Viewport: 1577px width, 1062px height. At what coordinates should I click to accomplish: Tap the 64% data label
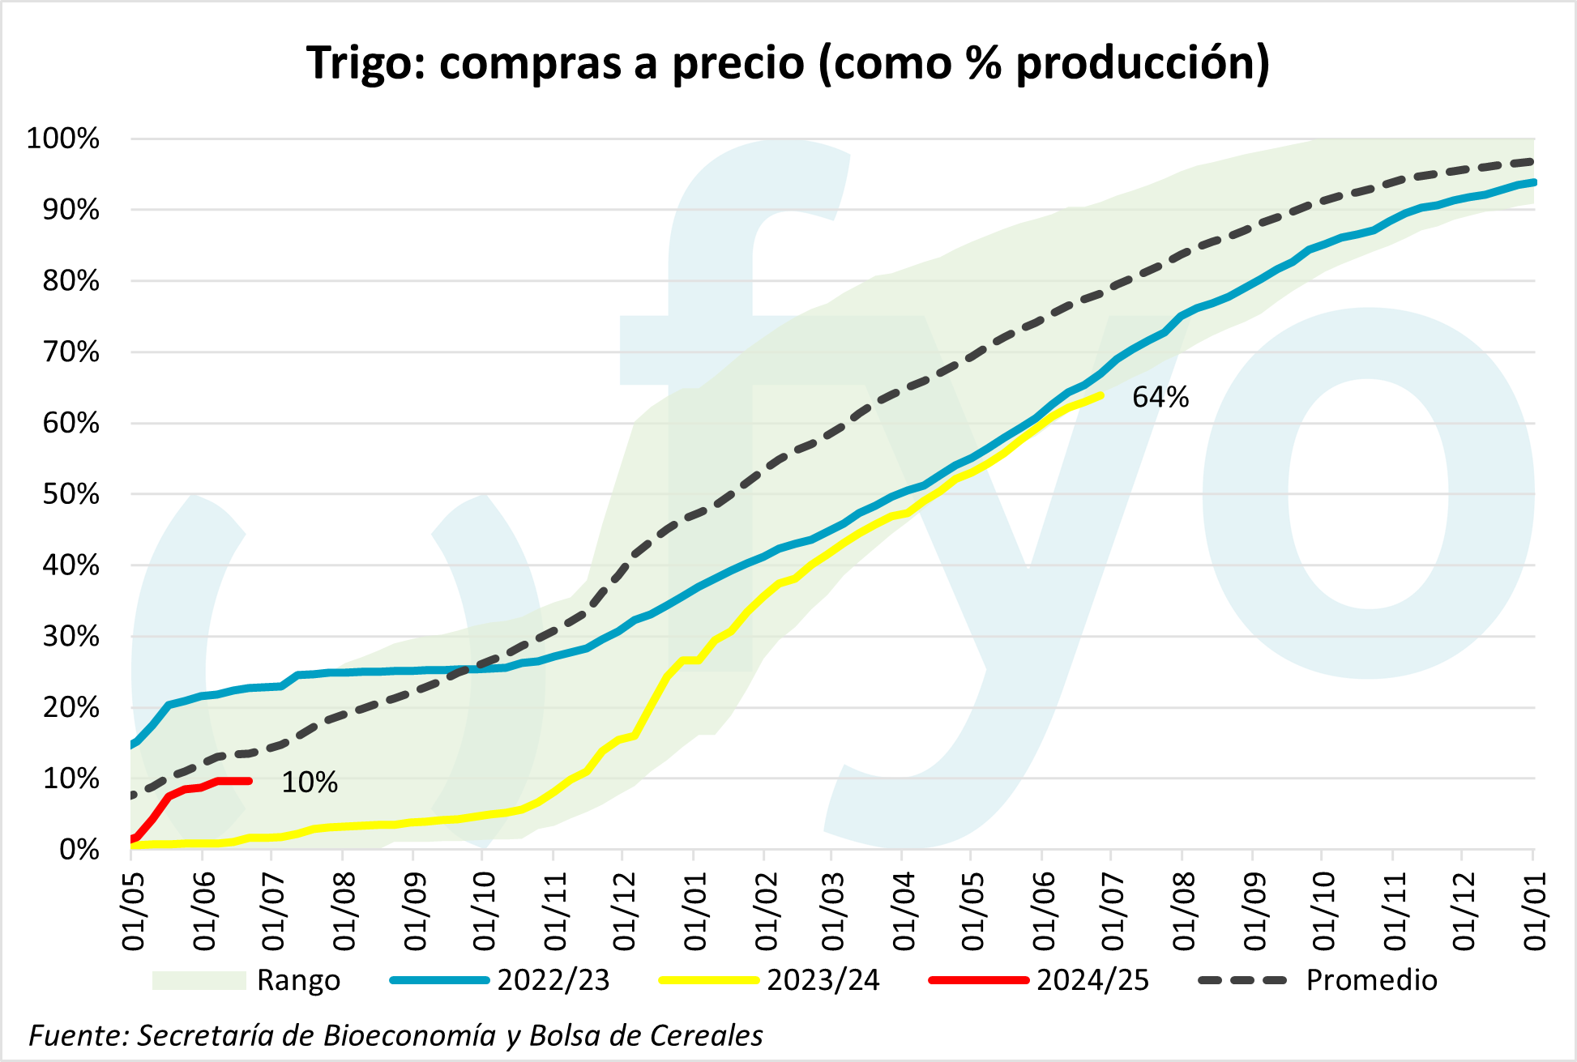click(1160, 397)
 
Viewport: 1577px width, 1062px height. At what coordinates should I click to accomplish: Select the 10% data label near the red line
click(309, 782)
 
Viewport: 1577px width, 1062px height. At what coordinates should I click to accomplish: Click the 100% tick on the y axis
click(63, 139)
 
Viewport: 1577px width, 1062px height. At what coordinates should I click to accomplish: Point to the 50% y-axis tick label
click(71, 494)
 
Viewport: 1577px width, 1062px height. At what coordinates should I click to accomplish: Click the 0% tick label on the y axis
click(79, 850)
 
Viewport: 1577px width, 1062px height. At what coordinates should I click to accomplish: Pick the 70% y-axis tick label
click(71, 352)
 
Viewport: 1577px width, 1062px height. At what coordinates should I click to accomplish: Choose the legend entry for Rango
click(298, 980)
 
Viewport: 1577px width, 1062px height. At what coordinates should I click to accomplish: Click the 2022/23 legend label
click(553, 980)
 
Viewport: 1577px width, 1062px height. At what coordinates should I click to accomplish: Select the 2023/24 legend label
click(823, 980)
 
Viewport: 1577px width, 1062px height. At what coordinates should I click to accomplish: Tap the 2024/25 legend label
click(1092, 980)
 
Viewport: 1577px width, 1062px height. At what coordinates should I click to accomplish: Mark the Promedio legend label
click(1371, 980)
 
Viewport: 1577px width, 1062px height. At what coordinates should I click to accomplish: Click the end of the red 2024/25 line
click(250, 781)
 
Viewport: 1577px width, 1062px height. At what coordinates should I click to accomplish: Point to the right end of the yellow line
click(1100, 395)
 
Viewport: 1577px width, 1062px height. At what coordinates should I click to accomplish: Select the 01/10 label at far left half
click(484, 911)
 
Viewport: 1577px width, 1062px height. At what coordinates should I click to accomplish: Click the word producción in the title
click(1141, 63)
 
